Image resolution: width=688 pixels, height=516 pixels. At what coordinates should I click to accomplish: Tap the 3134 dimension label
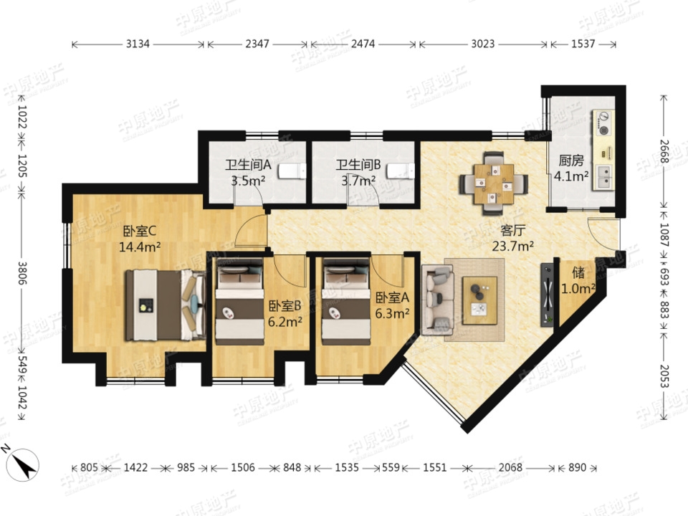(x=138, y=44)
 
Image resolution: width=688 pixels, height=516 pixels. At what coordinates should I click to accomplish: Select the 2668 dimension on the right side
(x=664, y=151)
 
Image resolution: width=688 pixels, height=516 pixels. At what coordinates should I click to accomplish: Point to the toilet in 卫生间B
(x=400, y=171)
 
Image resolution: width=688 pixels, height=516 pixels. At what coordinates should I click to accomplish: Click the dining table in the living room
(x=494, y=183)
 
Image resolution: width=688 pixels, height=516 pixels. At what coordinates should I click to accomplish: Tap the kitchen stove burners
(x=603, y=123)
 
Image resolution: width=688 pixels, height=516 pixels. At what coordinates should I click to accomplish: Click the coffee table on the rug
(x=479, y=300)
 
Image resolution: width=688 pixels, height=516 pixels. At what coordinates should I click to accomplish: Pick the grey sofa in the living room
(x=437, y=300)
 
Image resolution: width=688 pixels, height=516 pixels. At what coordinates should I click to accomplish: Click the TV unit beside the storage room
(x=548, y=294)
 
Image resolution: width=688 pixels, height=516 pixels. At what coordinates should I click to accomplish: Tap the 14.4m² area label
(x=140, y=247)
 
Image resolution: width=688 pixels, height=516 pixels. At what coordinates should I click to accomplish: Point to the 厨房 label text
(x=571, y=161)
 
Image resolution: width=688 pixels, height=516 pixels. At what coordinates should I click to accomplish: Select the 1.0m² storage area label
(x=578, y=289)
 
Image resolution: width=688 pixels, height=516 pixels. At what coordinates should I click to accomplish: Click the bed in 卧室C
(x=166, y=305)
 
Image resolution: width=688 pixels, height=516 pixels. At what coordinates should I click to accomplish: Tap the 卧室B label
(x=285, y=306)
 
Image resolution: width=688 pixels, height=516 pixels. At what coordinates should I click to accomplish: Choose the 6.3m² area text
(x=392, y=313)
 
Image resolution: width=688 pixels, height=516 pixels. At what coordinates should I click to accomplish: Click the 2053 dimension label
(x=664, y=376)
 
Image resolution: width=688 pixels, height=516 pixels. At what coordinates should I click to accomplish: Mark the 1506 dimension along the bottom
(x=243, y=468)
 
